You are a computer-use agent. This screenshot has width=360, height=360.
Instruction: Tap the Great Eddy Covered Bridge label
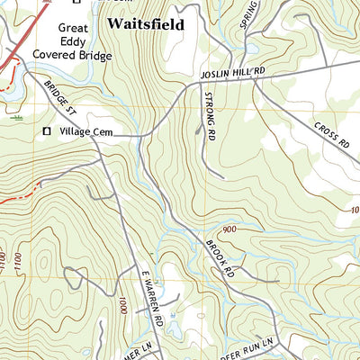click(x=73, y=40)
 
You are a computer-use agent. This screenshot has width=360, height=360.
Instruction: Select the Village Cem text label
click(x=88, y=132)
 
